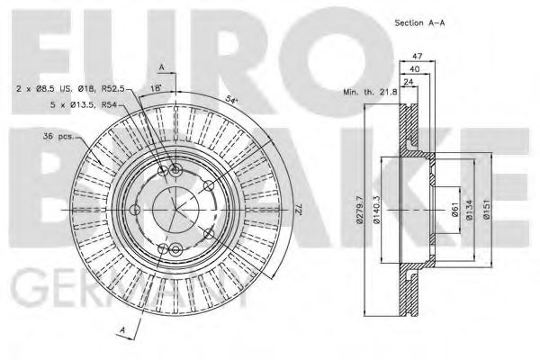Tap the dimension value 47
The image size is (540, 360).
tap(417, 57)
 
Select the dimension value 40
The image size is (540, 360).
tap(413, 69)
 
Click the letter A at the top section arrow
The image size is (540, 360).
tap(160, 67)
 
